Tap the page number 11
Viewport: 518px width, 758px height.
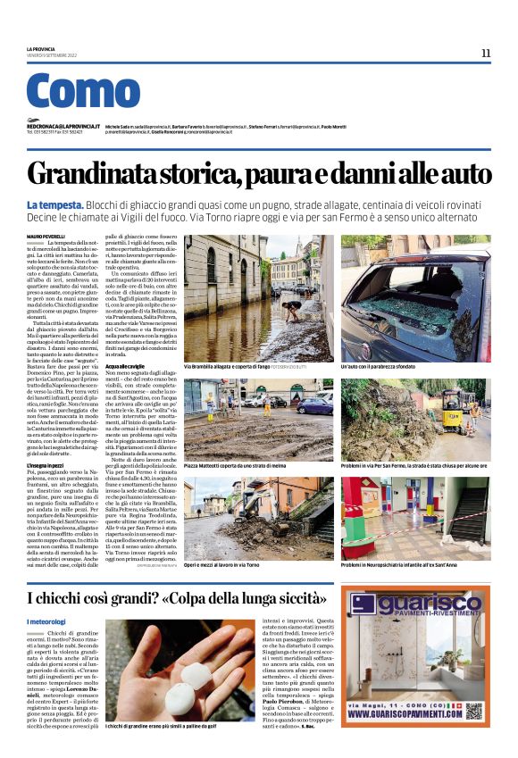(486, 53)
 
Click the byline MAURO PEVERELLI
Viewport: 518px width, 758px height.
(46, 236)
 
